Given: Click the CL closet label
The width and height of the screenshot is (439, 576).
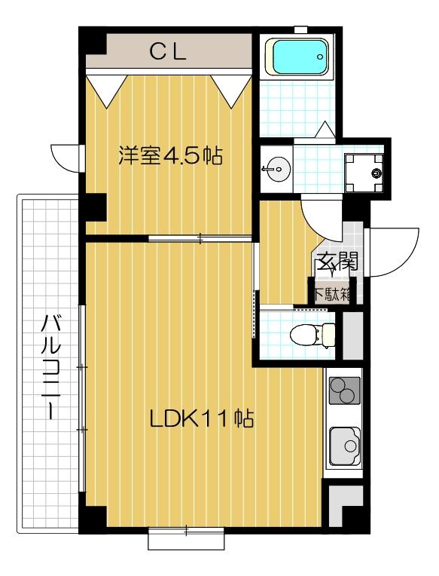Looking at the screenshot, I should point(167,52).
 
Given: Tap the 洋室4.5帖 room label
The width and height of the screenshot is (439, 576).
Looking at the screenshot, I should point(169,157).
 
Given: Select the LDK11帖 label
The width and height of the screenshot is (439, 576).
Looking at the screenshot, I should point(200,418).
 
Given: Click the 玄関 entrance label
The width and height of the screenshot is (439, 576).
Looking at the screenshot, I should point(335,263).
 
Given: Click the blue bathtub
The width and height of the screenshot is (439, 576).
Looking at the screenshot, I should point(299,57).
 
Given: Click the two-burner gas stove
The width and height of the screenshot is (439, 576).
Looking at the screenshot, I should point(344,391).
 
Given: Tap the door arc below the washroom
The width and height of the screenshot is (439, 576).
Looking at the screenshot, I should point(318,214).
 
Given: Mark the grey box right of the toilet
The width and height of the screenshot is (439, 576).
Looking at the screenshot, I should point(352,334).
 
